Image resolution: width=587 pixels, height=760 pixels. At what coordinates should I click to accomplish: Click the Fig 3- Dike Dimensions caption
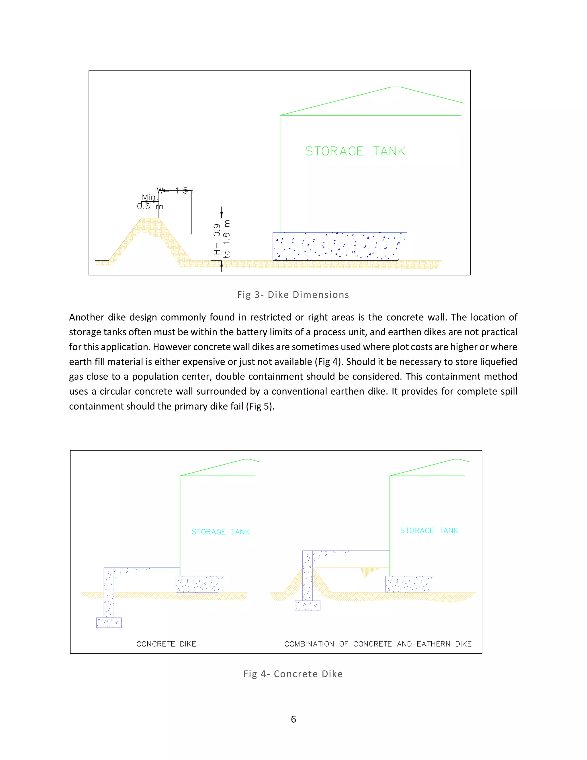click(x=293, y=295)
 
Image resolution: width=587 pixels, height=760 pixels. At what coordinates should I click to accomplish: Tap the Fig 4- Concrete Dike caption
click(x=293, y=674)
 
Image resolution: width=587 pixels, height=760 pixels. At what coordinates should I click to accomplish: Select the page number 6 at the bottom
click(x=293, y=719)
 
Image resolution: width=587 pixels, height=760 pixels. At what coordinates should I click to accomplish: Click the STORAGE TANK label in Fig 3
click(x=355, y=151)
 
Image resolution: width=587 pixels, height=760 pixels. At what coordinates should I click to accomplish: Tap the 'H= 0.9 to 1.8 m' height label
click(x=222, y=239)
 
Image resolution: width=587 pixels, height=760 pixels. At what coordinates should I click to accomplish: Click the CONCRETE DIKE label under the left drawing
click(x=166, y=644)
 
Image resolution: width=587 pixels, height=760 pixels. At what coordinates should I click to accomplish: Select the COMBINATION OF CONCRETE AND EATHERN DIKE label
click(x=378, y=644)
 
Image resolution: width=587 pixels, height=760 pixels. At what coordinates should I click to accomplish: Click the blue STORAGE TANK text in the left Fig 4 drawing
click(x=220, y=532)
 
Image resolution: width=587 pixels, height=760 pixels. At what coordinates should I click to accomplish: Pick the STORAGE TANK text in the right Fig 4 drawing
click(x=429, y=531)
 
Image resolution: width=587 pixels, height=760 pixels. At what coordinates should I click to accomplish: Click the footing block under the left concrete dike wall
click(x=109, y=623)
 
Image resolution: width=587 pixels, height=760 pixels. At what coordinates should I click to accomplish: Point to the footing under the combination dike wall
click(x=308, y=606)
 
